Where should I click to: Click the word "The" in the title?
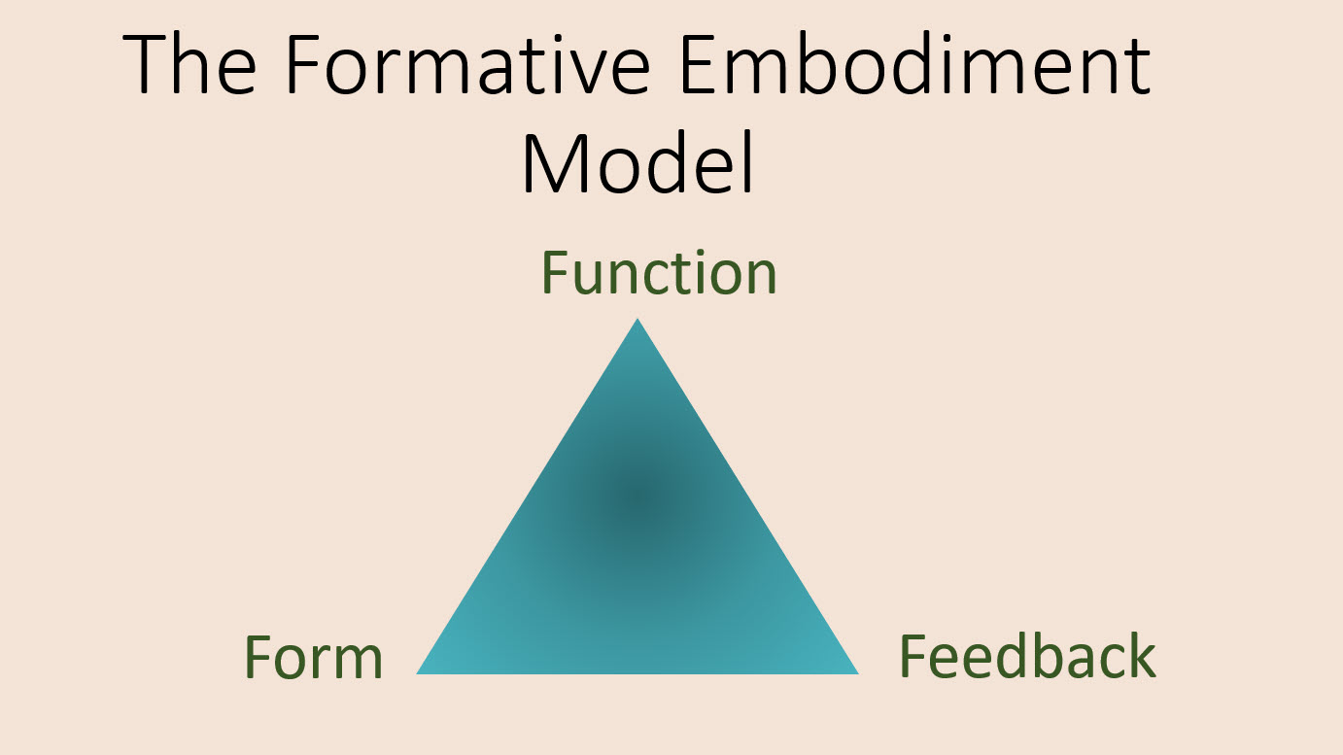coord(189,64)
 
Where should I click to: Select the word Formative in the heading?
coord(468,64)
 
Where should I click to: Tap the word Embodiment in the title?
coord(915,63)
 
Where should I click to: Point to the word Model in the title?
coord(637,162)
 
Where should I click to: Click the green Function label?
coord(659,272)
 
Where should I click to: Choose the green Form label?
coord(314,658)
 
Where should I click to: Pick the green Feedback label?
coord(1027,656)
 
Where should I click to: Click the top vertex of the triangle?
coord(637,319)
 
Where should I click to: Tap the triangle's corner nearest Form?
coord(417,673)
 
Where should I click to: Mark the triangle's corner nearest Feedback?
coord(858,673)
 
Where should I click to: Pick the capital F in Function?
coord(556,273)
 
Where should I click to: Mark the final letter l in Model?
coord(748,162)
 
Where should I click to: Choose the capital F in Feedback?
coord(913,657)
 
